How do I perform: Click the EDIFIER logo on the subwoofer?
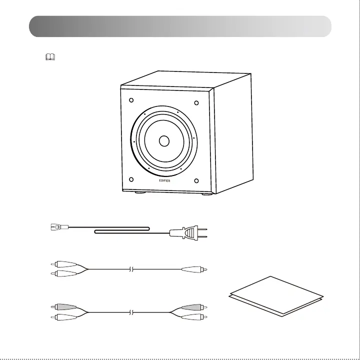pos(164,181)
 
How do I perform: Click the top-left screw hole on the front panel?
pos(131,100)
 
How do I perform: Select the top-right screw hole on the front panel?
pos(196,103)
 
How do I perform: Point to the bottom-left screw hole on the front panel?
pos(131,179)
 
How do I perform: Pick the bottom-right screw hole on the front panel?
pos(196,180)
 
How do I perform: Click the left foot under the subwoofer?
pos(140,191)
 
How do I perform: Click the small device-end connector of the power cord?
pos(56,227)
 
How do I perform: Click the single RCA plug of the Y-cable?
pos(195,269)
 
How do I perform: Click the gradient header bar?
pos(180,26)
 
